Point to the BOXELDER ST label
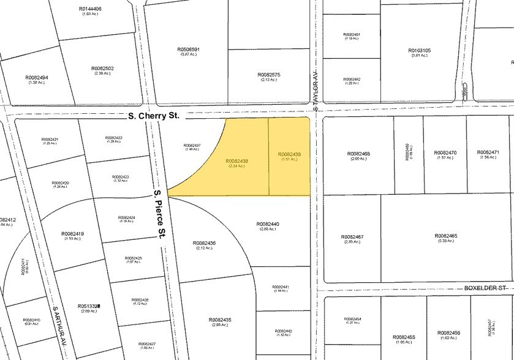tap(486, 287)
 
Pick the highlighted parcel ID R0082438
tap(241, 161)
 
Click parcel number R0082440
tap(268, 225)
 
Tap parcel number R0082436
tap(204, 243)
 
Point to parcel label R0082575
tap(269, 75)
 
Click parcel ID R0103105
tap(420, 51)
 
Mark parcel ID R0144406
tap(91, 9)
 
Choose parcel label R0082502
tap(102, 69)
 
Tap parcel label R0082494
tap(37, 78)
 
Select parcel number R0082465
tap(446, 236)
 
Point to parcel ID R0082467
tap(352, 237)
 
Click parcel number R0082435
tap(220, 320)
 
